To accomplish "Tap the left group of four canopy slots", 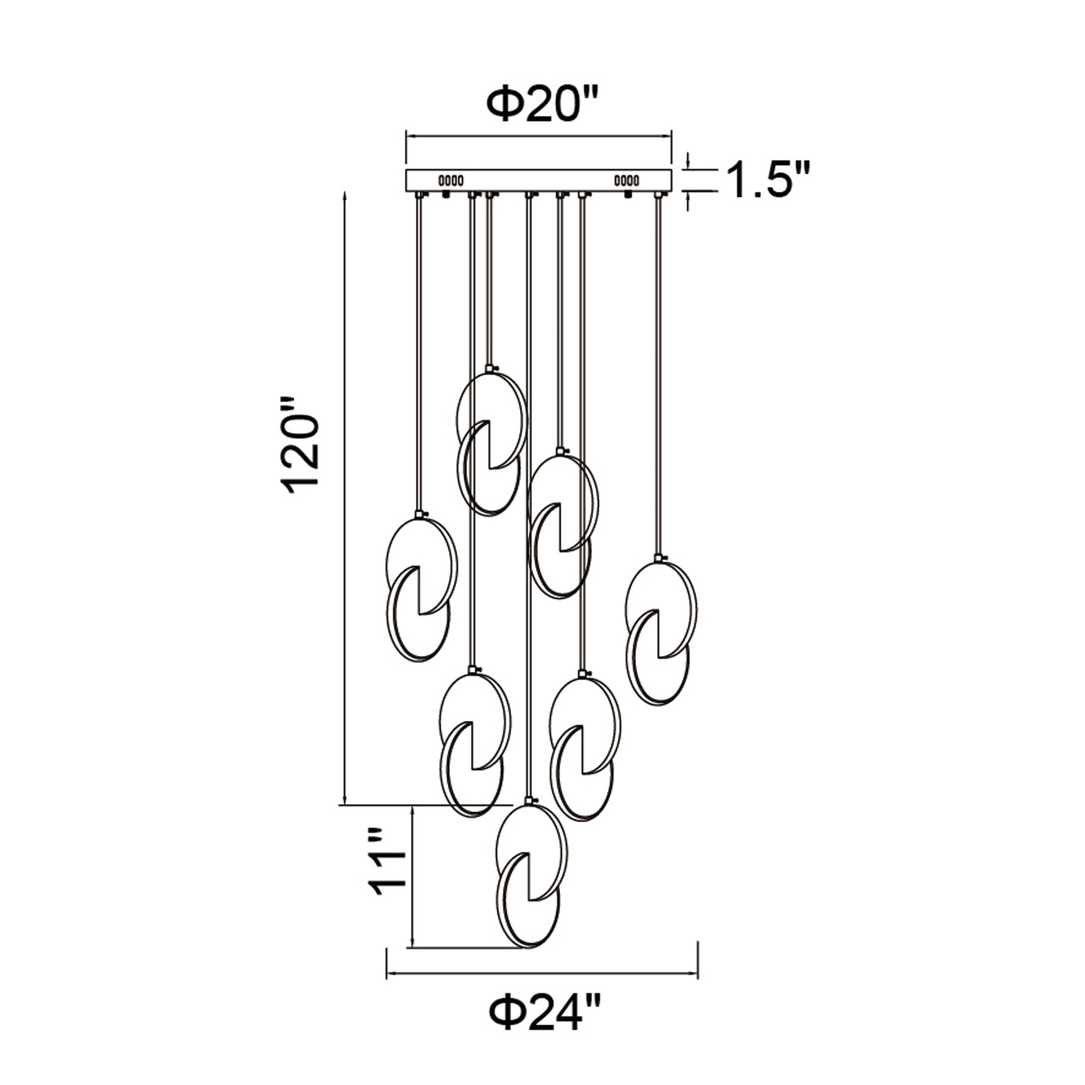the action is (x=451, y=180).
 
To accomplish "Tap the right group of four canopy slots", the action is (x=626, y=180).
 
